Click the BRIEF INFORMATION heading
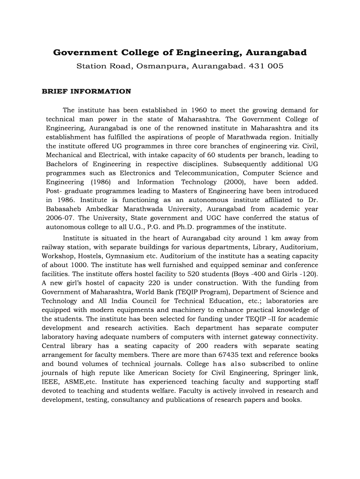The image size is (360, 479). (x=86, y=91)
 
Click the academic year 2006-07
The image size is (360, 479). (x=58, y=218)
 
